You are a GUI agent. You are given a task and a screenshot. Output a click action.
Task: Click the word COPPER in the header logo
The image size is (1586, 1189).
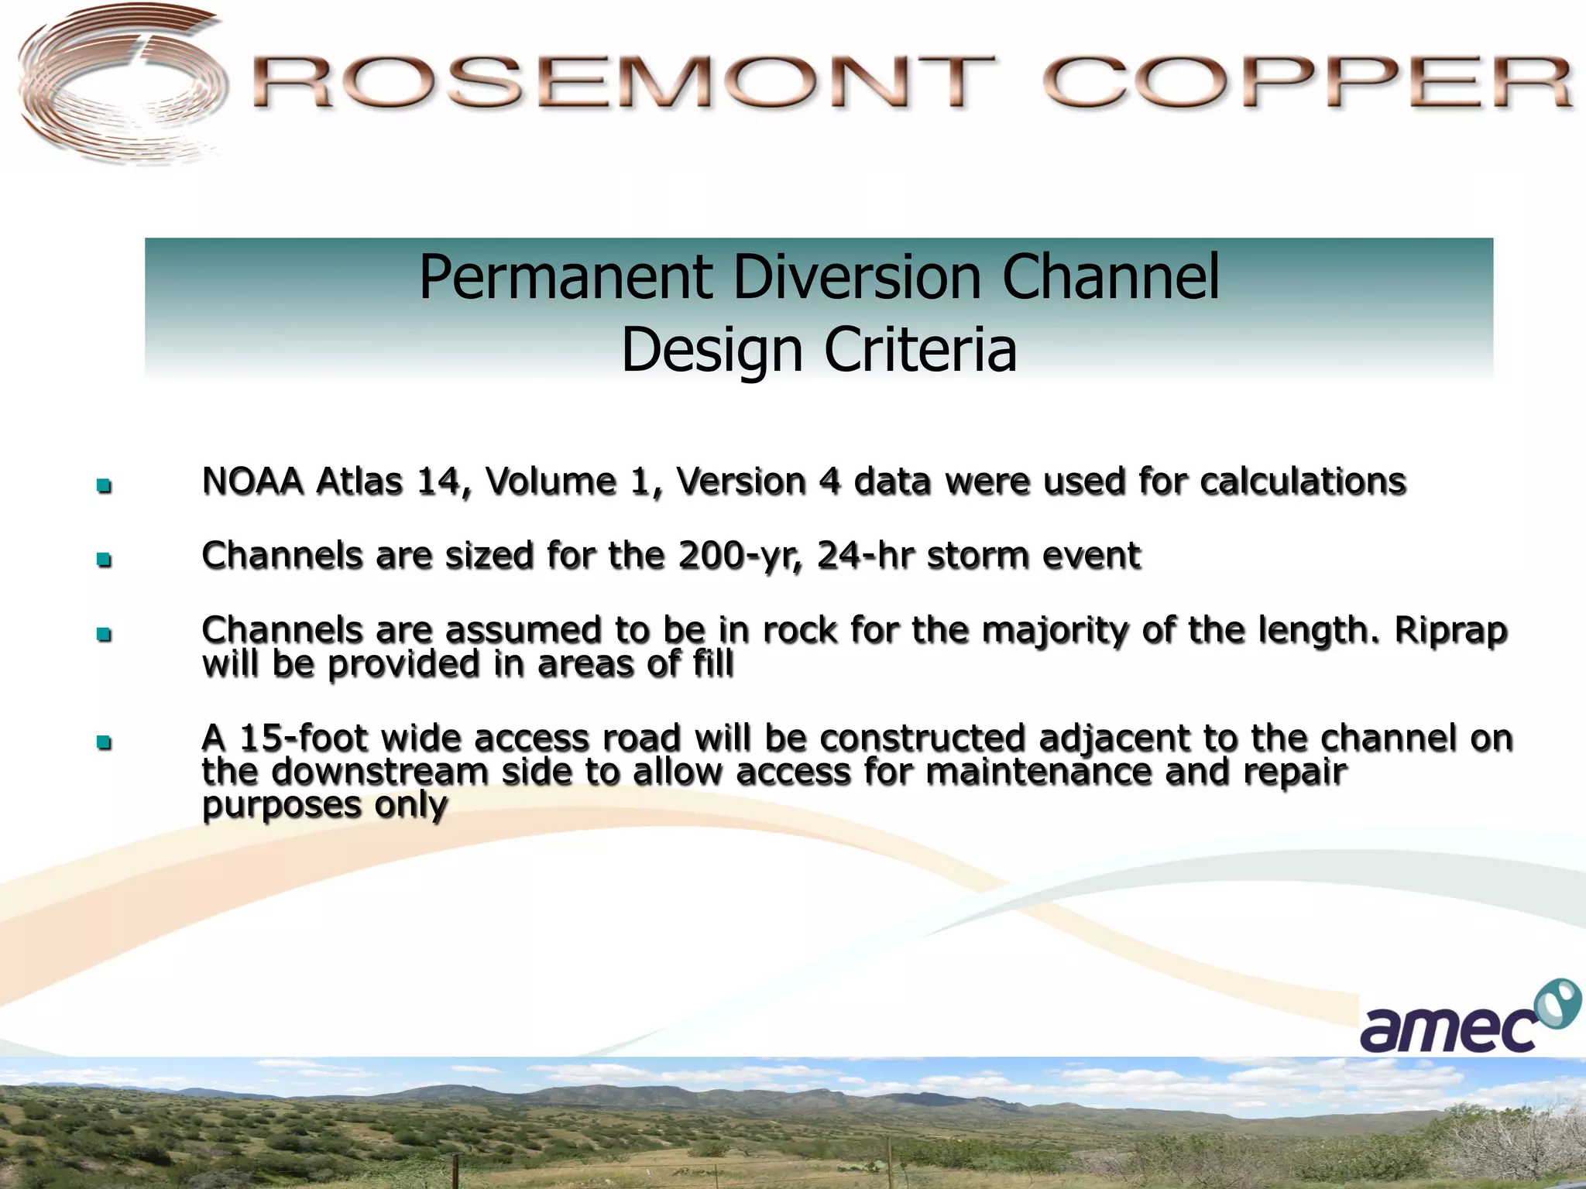click(x=1307, y=82)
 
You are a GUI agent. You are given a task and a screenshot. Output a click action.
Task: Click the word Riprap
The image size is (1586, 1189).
click(x=1450, y=630)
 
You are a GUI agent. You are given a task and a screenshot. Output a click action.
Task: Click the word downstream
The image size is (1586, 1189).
click(x=379, y=772)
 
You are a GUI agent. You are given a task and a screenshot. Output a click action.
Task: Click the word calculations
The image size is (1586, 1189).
click(x=1303, y=481)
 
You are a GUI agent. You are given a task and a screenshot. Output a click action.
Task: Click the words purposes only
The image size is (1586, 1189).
click(x=324, y=806)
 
